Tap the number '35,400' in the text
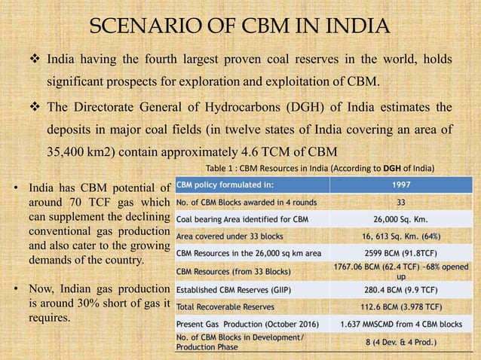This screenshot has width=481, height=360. click(x=71, y=149)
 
